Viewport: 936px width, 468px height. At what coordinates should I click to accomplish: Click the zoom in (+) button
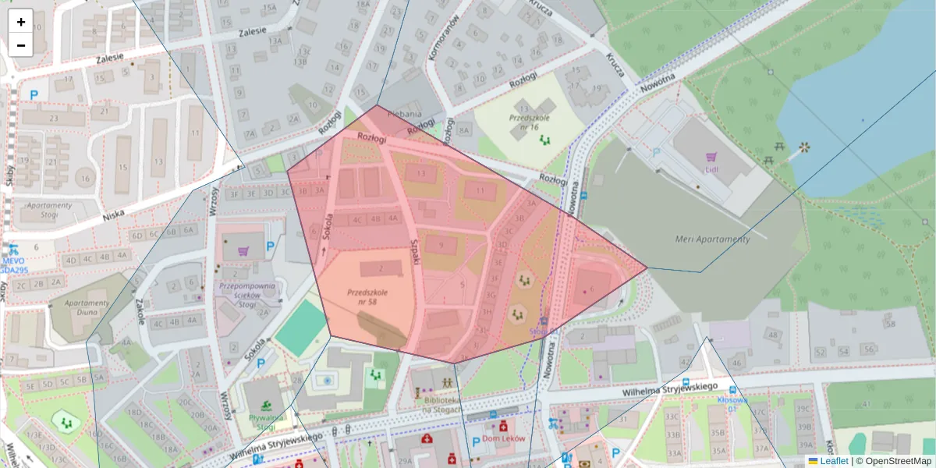[x=21, y=22]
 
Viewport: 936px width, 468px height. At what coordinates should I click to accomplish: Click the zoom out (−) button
[x=21, y=45]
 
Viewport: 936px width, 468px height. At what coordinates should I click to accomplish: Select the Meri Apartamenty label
[x=712, y=239]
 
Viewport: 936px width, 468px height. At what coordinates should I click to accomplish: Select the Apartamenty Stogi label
[x=49, y=211]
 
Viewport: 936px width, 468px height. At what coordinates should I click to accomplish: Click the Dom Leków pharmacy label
[x=504, y=438]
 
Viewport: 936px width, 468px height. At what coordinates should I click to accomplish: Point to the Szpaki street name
[x=415, y=251]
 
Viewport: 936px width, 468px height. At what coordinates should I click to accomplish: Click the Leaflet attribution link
[x=833, y=461]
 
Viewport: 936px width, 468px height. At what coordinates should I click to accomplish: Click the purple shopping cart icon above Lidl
[x=711, y=156]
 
